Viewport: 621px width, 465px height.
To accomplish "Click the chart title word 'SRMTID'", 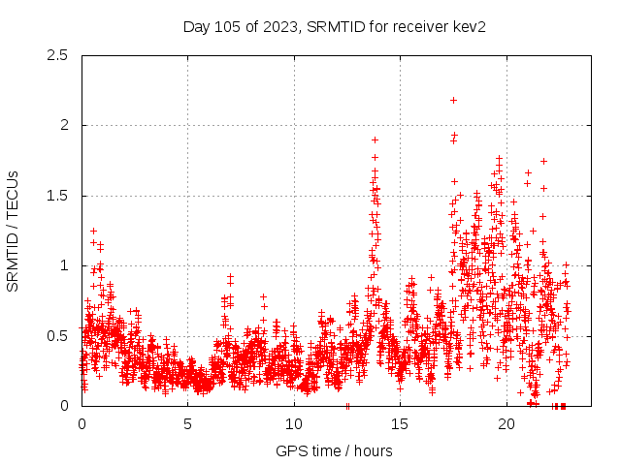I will click(x=331, y=26).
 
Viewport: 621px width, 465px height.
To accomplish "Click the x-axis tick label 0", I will click(x=82, y=424).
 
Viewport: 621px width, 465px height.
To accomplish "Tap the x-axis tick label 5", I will click(x=188, y=424).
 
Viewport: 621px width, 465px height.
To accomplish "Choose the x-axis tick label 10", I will click(x=294, y=424).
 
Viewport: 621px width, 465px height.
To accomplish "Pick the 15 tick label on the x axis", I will click(x=401, y=424).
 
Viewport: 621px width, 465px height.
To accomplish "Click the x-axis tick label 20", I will click(x=507, y=424).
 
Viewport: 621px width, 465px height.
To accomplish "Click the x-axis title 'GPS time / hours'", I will click(x=334, y=450).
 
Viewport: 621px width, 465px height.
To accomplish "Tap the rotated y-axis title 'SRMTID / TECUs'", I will click(x=14, y=231).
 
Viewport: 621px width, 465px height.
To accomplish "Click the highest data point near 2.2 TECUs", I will click(x=453, y=100).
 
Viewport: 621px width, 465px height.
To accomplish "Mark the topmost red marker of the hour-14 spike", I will click(x=375, y=139).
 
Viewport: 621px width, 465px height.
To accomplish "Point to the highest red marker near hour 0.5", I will click(x=93, y=231).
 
